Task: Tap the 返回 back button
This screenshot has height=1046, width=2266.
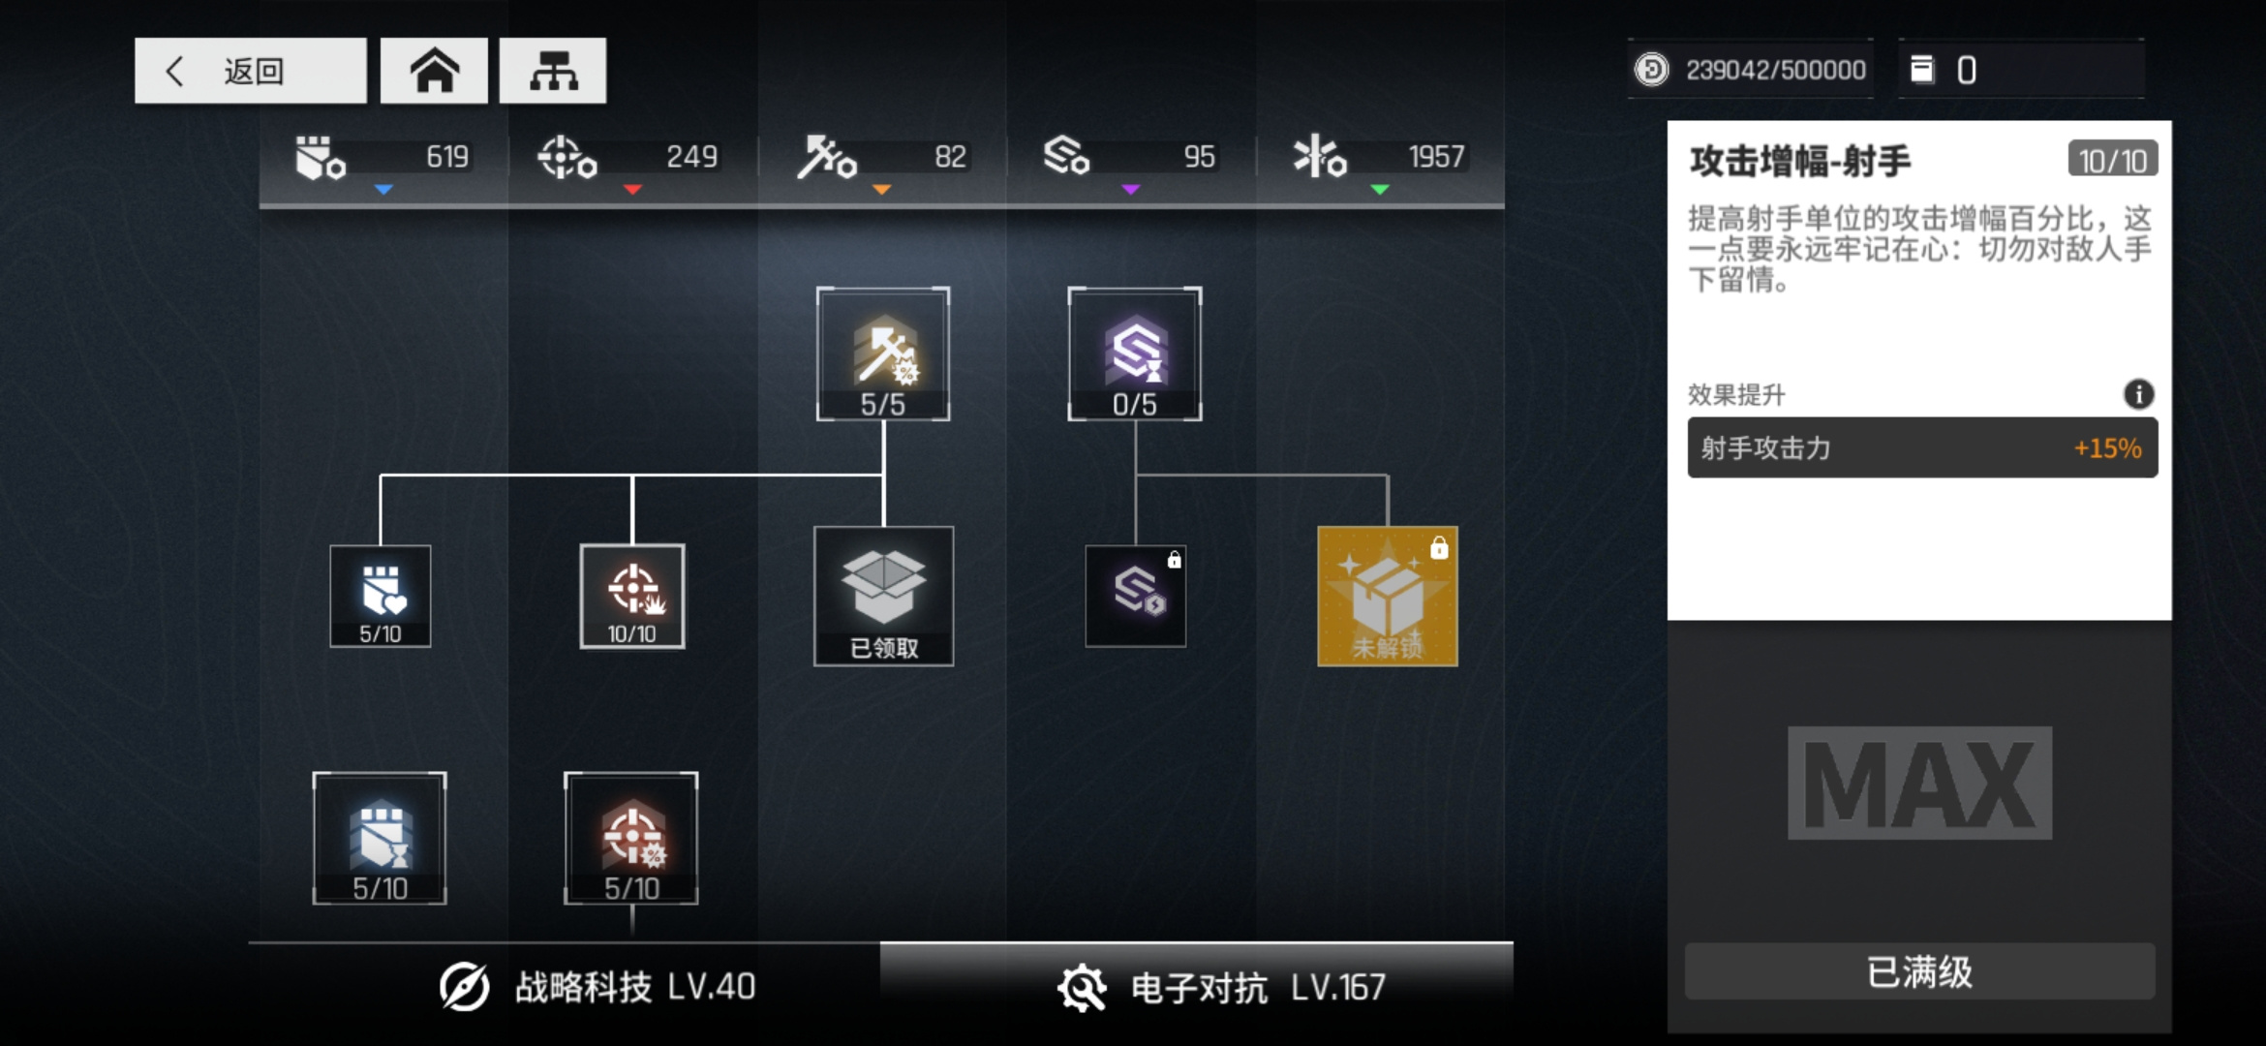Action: point(250,71)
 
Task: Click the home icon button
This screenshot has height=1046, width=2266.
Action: point(434,71)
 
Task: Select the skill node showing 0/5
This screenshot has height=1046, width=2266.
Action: point(1135,354)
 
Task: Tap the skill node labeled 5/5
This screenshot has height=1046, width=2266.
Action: point(883,354)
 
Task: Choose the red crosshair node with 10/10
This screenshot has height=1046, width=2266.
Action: point(632,597)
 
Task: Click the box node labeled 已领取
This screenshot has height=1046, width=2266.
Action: point(884,597)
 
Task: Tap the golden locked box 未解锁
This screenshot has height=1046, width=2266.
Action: point(1388,597)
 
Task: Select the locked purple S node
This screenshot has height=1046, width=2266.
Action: point(1136,597)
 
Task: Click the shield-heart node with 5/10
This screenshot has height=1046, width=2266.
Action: point(381,597)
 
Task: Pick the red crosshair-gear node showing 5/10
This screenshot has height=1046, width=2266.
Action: point(631,839)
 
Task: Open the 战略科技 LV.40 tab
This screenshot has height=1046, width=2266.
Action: point(597,987)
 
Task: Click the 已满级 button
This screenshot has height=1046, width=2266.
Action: point(1920,971)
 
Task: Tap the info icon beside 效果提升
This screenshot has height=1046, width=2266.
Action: point(2139,394)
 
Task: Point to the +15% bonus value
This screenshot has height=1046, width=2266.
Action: point(2107,448)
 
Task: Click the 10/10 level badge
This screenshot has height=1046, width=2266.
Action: point(2113,160)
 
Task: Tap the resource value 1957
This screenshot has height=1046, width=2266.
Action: point(1436,157)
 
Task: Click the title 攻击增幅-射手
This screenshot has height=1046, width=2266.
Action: point(1800,161)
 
